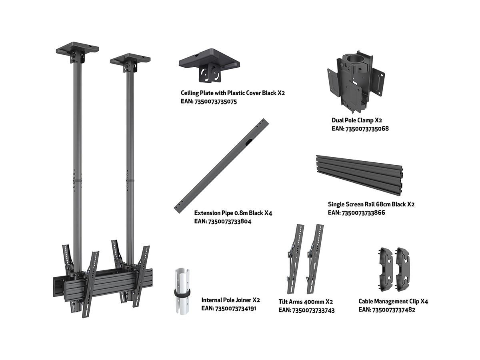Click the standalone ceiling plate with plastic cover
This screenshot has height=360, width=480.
coord(209,64)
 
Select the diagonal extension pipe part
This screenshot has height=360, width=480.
coord(221,166)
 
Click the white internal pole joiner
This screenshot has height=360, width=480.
coord(182,292)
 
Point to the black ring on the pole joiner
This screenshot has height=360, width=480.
coord(182,292)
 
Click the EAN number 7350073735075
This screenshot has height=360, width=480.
coord(216,102)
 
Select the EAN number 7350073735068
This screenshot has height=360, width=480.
coord(367,129)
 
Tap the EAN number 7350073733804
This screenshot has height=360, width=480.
coord(230,222)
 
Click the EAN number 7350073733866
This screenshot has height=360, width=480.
coord(363,213)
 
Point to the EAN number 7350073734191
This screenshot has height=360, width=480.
coord(236,309)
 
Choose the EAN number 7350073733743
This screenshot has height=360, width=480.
coord(313,311)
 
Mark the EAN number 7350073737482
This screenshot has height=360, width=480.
coord(394,310)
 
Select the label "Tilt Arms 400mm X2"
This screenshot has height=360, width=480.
coord(306,302)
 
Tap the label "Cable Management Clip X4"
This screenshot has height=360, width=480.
coord(393,302)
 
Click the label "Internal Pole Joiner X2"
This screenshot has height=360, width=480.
coord(230,300)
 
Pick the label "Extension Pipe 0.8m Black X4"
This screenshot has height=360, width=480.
coord(233,213)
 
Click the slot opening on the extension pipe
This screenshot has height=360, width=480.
coord(248,143)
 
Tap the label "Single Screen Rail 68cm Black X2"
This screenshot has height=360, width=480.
coord(371,204)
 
